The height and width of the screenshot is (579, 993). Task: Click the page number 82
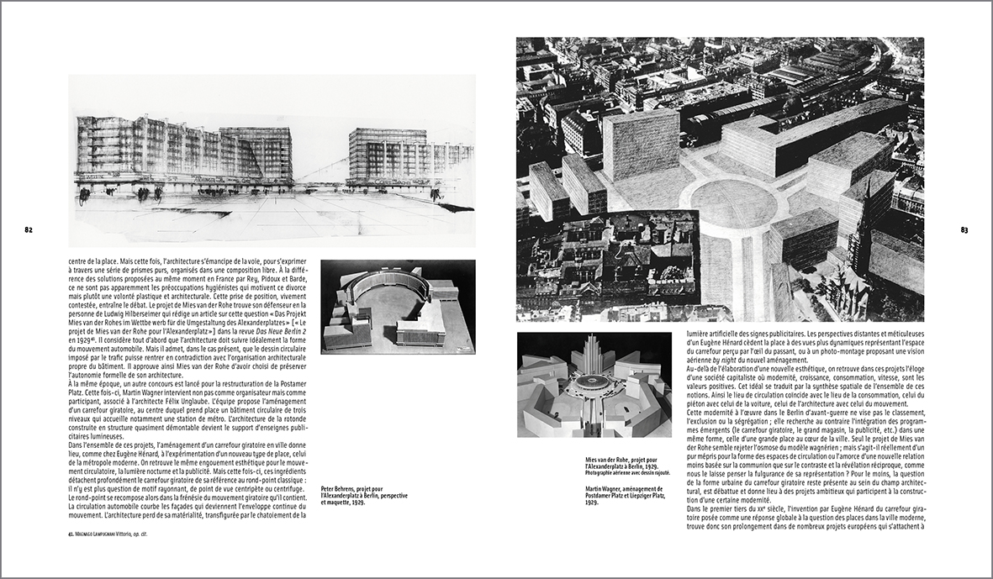pyautogui.click(x=28, y=229)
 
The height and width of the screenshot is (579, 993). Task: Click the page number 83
pyautogui.click(x=964, y=229)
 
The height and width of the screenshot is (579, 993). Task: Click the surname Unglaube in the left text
pyautogui.click(x=263, y=414)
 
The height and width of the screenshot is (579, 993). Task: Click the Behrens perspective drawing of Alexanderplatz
pyautogui.click(x=272, y=160)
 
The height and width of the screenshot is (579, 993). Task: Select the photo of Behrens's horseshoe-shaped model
pyautogui.click(x=398, y=305)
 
